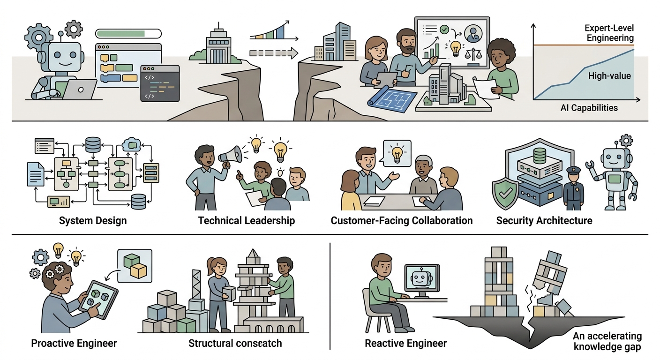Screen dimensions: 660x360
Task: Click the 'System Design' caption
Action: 93,221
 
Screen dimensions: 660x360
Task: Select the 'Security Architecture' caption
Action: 544,221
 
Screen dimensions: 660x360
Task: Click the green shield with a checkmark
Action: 506,193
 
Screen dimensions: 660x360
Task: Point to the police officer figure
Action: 573,188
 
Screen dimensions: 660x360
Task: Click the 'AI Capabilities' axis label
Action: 589,108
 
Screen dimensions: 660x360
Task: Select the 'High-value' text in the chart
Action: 609,76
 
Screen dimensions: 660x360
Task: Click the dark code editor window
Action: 160,83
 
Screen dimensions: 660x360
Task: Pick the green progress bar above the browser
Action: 128,34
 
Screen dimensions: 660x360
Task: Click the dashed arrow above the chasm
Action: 274,53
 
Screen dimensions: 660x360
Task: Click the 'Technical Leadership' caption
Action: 246,221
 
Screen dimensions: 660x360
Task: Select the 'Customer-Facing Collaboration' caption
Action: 402,221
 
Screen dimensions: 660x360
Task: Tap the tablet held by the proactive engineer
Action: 99,300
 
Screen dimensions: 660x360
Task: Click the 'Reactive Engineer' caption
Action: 406,344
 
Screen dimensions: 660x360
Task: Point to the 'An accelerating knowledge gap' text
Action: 607,341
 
